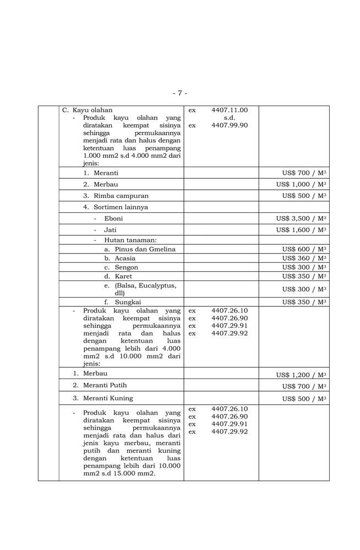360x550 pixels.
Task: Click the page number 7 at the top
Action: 180,93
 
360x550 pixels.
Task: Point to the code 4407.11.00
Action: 230,110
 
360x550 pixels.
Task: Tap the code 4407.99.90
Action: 230,125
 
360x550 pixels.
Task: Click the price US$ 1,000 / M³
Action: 301,184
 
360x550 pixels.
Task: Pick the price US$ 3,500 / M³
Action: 301,218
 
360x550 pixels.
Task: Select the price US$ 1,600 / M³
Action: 301,230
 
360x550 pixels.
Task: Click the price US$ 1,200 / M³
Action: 301,375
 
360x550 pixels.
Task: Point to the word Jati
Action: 110,230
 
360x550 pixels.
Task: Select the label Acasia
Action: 125,258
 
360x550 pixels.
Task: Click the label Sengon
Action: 126,267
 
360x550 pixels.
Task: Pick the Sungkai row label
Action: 128,302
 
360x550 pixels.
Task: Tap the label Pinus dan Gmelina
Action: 145,250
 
